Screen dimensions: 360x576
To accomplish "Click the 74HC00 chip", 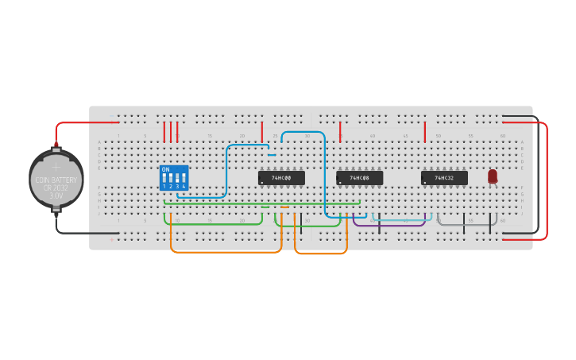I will coord(281,178).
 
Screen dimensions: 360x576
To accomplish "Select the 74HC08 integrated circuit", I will coord(359,178).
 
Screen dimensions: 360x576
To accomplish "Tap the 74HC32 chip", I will coord(444,178).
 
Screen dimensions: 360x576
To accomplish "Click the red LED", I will coord(493,176).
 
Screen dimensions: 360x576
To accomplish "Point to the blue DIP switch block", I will coord(174,178).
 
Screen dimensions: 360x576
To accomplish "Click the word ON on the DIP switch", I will coord(165,169).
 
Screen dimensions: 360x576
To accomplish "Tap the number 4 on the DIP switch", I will coord(184,186).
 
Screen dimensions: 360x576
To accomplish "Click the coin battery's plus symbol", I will coord(56,167).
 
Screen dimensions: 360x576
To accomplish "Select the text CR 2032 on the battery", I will coord(56,188).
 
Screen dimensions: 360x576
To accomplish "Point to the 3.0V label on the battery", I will coord(56,195).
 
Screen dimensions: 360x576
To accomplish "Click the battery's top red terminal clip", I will coord(56,146).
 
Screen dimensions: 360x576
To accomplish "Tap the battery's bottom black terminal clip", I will coord(56,210).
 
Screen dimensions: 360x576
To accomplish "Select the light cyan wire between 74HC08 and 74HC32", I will coord(401,219).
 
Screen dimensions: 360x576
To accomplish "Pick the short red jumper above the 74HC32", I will coord(425,131).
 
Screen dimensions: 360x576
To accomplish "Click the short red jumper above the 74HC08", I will coord(340,131).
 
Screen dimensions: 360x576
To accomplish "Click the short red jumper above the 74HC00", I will coord(262,131).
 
